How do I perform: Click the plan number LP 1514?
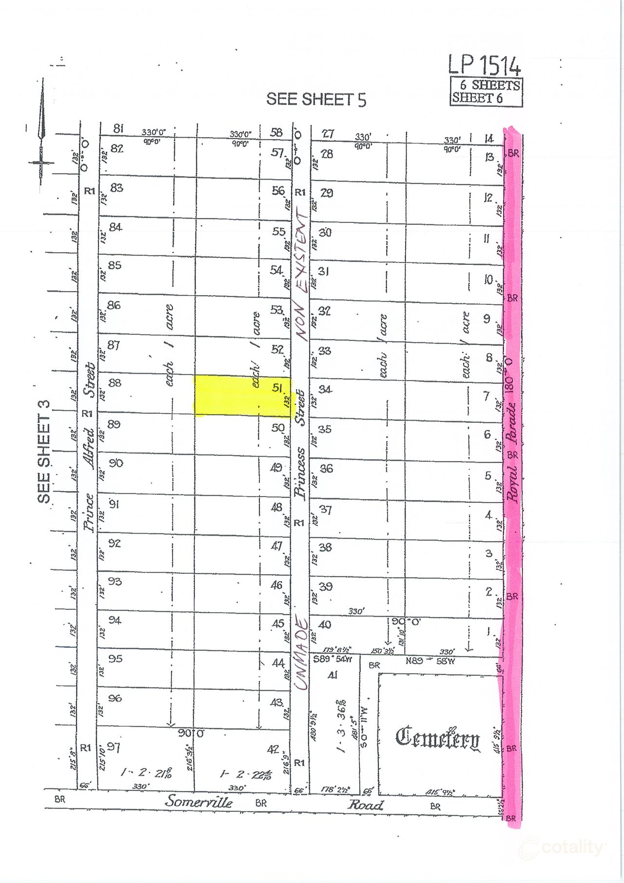pyautogui.click(x=485, y=65)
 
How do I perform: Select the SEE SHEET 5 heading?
pyautogui.click(x=316, y=100)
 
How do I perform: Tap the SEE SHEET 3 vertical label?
pyautogui.click(x=44, y=451)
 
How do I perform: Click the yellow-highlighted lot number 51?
pyautogui.click(x=277, y=388)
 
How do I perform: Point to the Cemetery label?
pyautogui.click(x=437, y=738)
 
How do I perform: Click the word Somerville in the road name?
pyautogui.click(x=198, y=801)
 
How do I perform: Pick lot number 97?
pyautogui.click(x=114, y=747)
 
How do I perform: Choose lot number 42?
pyautogui.click(x=273, y=749)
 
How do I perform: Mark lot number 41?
pyautogui.click(x=332, y=675)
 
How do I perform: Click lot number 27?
pyautogui.click(x=328, y=134)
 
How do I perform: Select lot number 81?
pyautogui.click(x=118, y=129)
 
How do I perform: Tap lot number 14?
pyautogui.click(x=489, y=139)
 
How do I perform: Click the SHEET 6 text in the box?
pyautogui.click(x=477, y=98)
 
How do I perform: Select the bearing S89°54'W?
pyautogui.click(x=333, y=659)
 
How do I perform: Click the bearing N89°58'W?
pyautogui.click(x=430, y=661)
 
